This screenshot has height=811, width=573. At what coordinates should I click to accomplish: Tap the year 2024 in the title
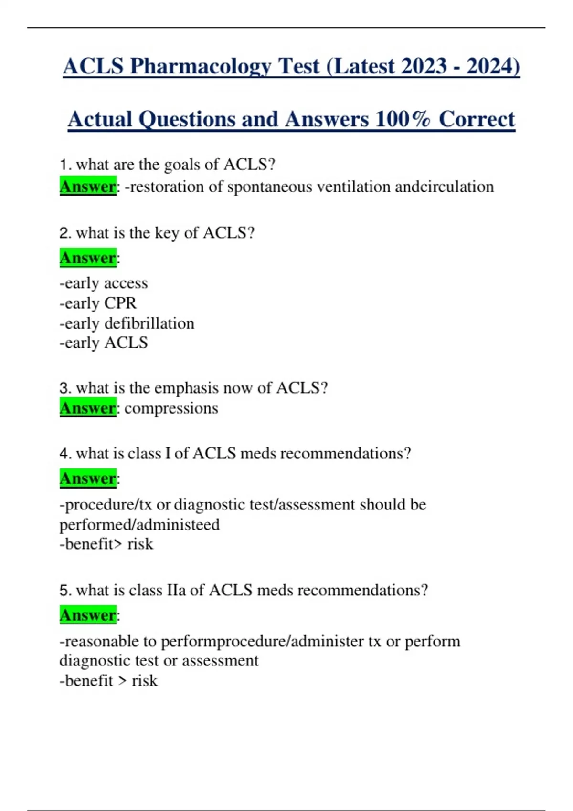point(492,66)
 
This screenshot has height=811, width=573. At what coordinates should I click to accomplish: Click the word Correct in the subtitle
point(477,119)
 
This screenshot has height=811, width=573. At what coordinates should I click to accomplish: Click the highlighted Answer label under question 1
point(88,187)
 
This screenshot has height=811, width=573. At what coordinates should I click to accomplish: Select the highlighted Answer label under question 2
point(88,258)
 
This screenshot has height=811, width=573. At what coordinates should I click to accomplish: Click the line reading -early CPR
point(98,303)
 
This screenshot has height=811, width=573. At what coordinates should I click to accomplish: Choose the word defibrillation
point(149,323)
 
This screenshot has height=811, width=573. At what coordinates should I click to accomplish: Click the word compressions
point(171,408)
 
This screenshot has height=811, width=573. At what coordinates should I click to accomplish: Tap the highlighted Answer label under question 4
point(88,478)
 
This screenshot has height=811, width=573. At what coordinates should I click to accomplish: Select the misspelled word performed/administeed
point(139,525)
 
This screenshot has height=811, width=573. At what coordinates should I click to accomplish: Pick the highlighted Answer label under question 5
point(88,615)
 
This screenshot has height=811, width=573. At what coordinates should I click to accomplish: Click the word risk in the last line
point(144,681)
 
